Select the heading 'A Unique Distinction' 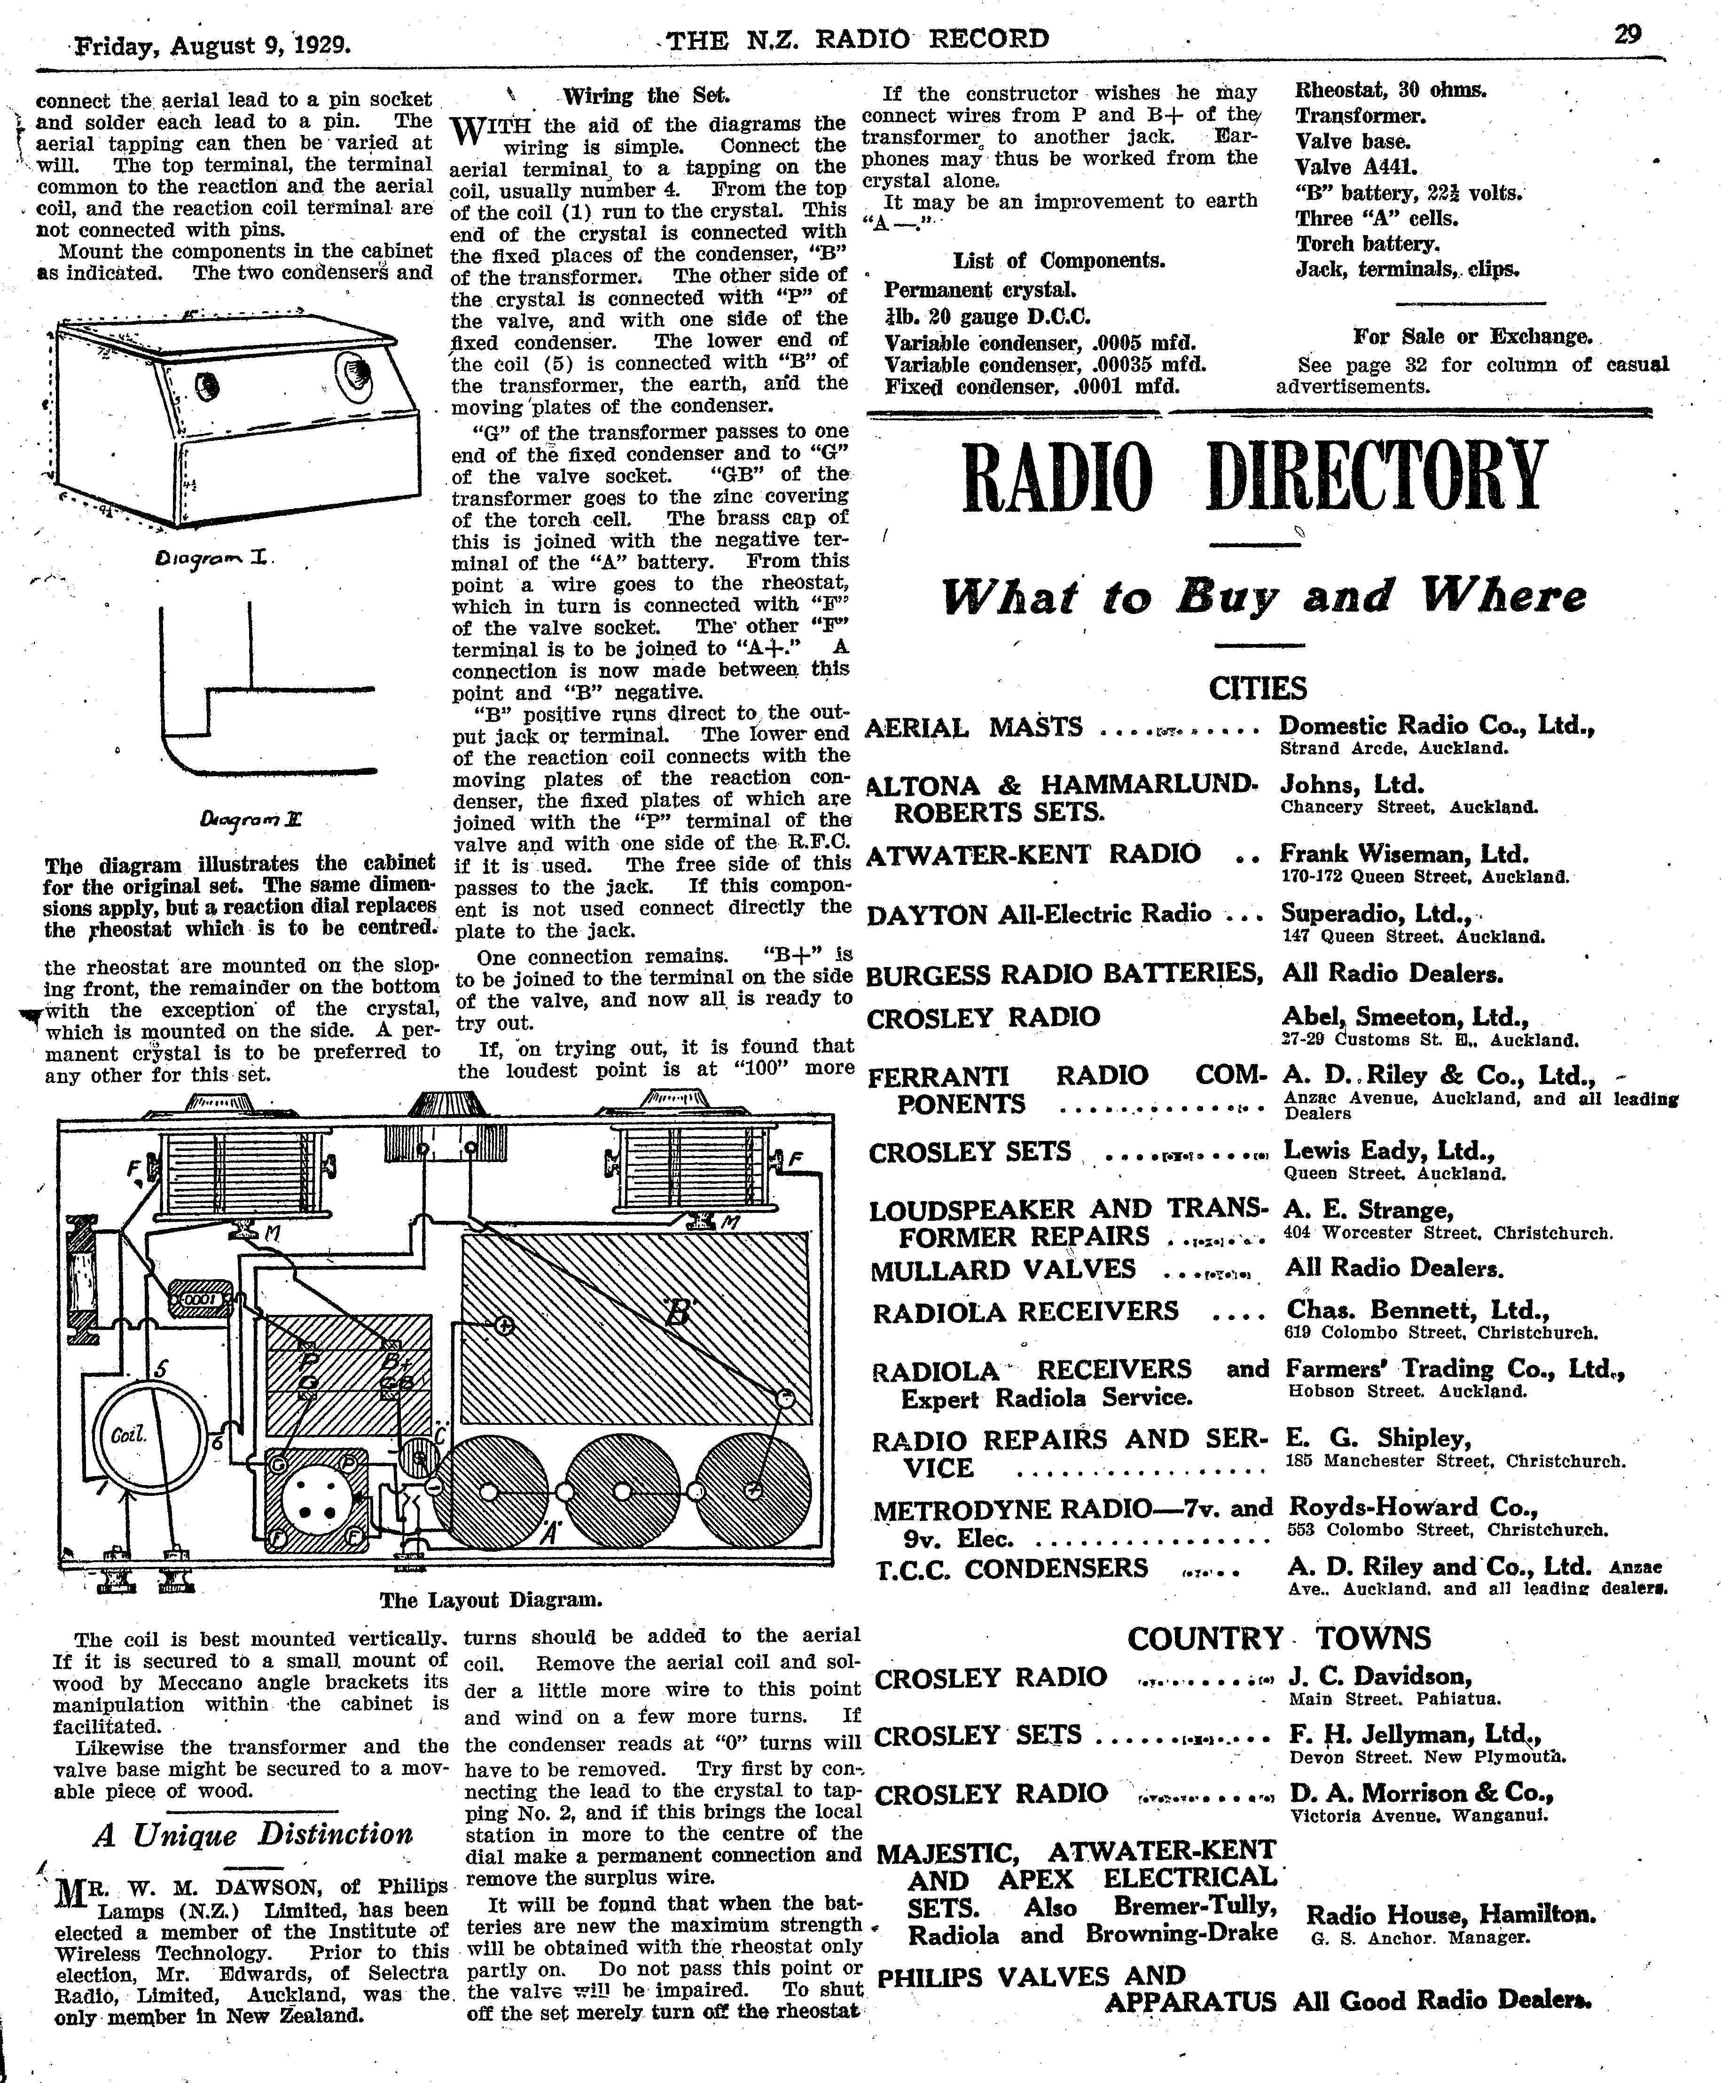tap(253, 1834)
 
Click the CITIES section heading tap(1257, 688)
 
